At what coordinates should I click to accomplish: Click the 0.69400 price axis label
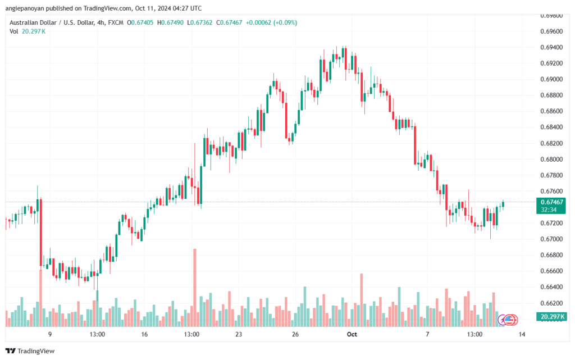[551, 47]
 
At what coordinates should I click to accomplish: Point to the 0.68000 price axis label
[551, 160]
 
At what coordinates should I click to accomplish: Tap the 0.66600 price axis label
[551, 271]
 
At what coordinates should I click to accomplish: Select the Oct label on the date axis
[352, 334]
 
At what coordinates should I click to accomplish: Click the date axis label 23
[239, 334]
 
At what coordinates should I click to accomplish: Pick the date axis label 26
[295, 334]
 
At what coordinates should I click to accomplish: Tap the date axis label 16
[144, 334]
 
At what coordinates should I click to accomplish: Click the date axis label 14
[522, 334]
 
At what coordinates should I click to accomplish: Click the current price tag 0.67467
[551, 202]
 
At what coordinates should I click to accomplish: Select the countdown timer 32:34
[549, 210]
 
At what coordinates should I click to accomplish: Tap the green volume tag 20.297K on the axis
[551, 317]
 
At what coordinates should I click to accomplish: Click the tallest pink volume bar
[195, 288]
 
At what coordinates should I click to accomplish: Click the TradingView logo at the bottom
[30, 351]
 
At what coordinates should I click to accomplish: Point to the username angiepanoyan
[25, 8]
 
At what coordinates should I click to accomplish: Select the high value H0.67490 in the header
[170, 22]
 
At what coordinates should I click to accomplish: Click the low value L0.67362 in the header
[199, 22]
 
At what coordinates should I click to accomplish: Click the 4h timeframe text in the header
[101, 22]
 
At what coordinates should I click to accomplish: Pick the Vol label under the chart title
[13, 31]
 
